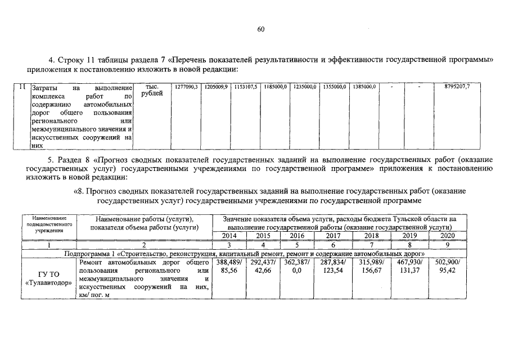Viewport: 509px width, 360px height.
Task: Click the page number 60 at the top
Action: pyautogui.click(x=260, y=29)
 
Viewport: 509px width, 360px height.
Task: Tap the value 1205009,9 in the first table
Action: pyautogui.click(x=216, y=87)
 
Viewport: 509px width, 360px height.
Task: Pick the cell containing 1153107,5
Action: pyautogui.click(x=245, y=87)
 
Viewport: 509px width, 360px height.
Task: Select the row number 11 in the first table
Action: pyautogui.click(x=21, y=87)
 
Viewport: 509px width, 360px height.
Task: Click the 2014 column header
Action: pyautogui.click(x=229, y=236)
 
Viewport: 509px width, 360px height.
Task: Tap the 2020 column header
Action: pyautogui.click(x=447, y=236)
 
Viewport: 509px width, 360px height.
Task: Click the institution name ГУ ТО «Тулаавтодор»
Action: pyautogui.click(x=49, y=278)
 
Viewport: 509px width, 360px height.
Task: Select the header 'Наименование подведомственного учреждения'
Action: pyautogui.click(x=49, y=224)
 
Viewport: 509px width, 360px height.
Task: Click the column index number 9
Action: pyautogui.click(x=447, y=245)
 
